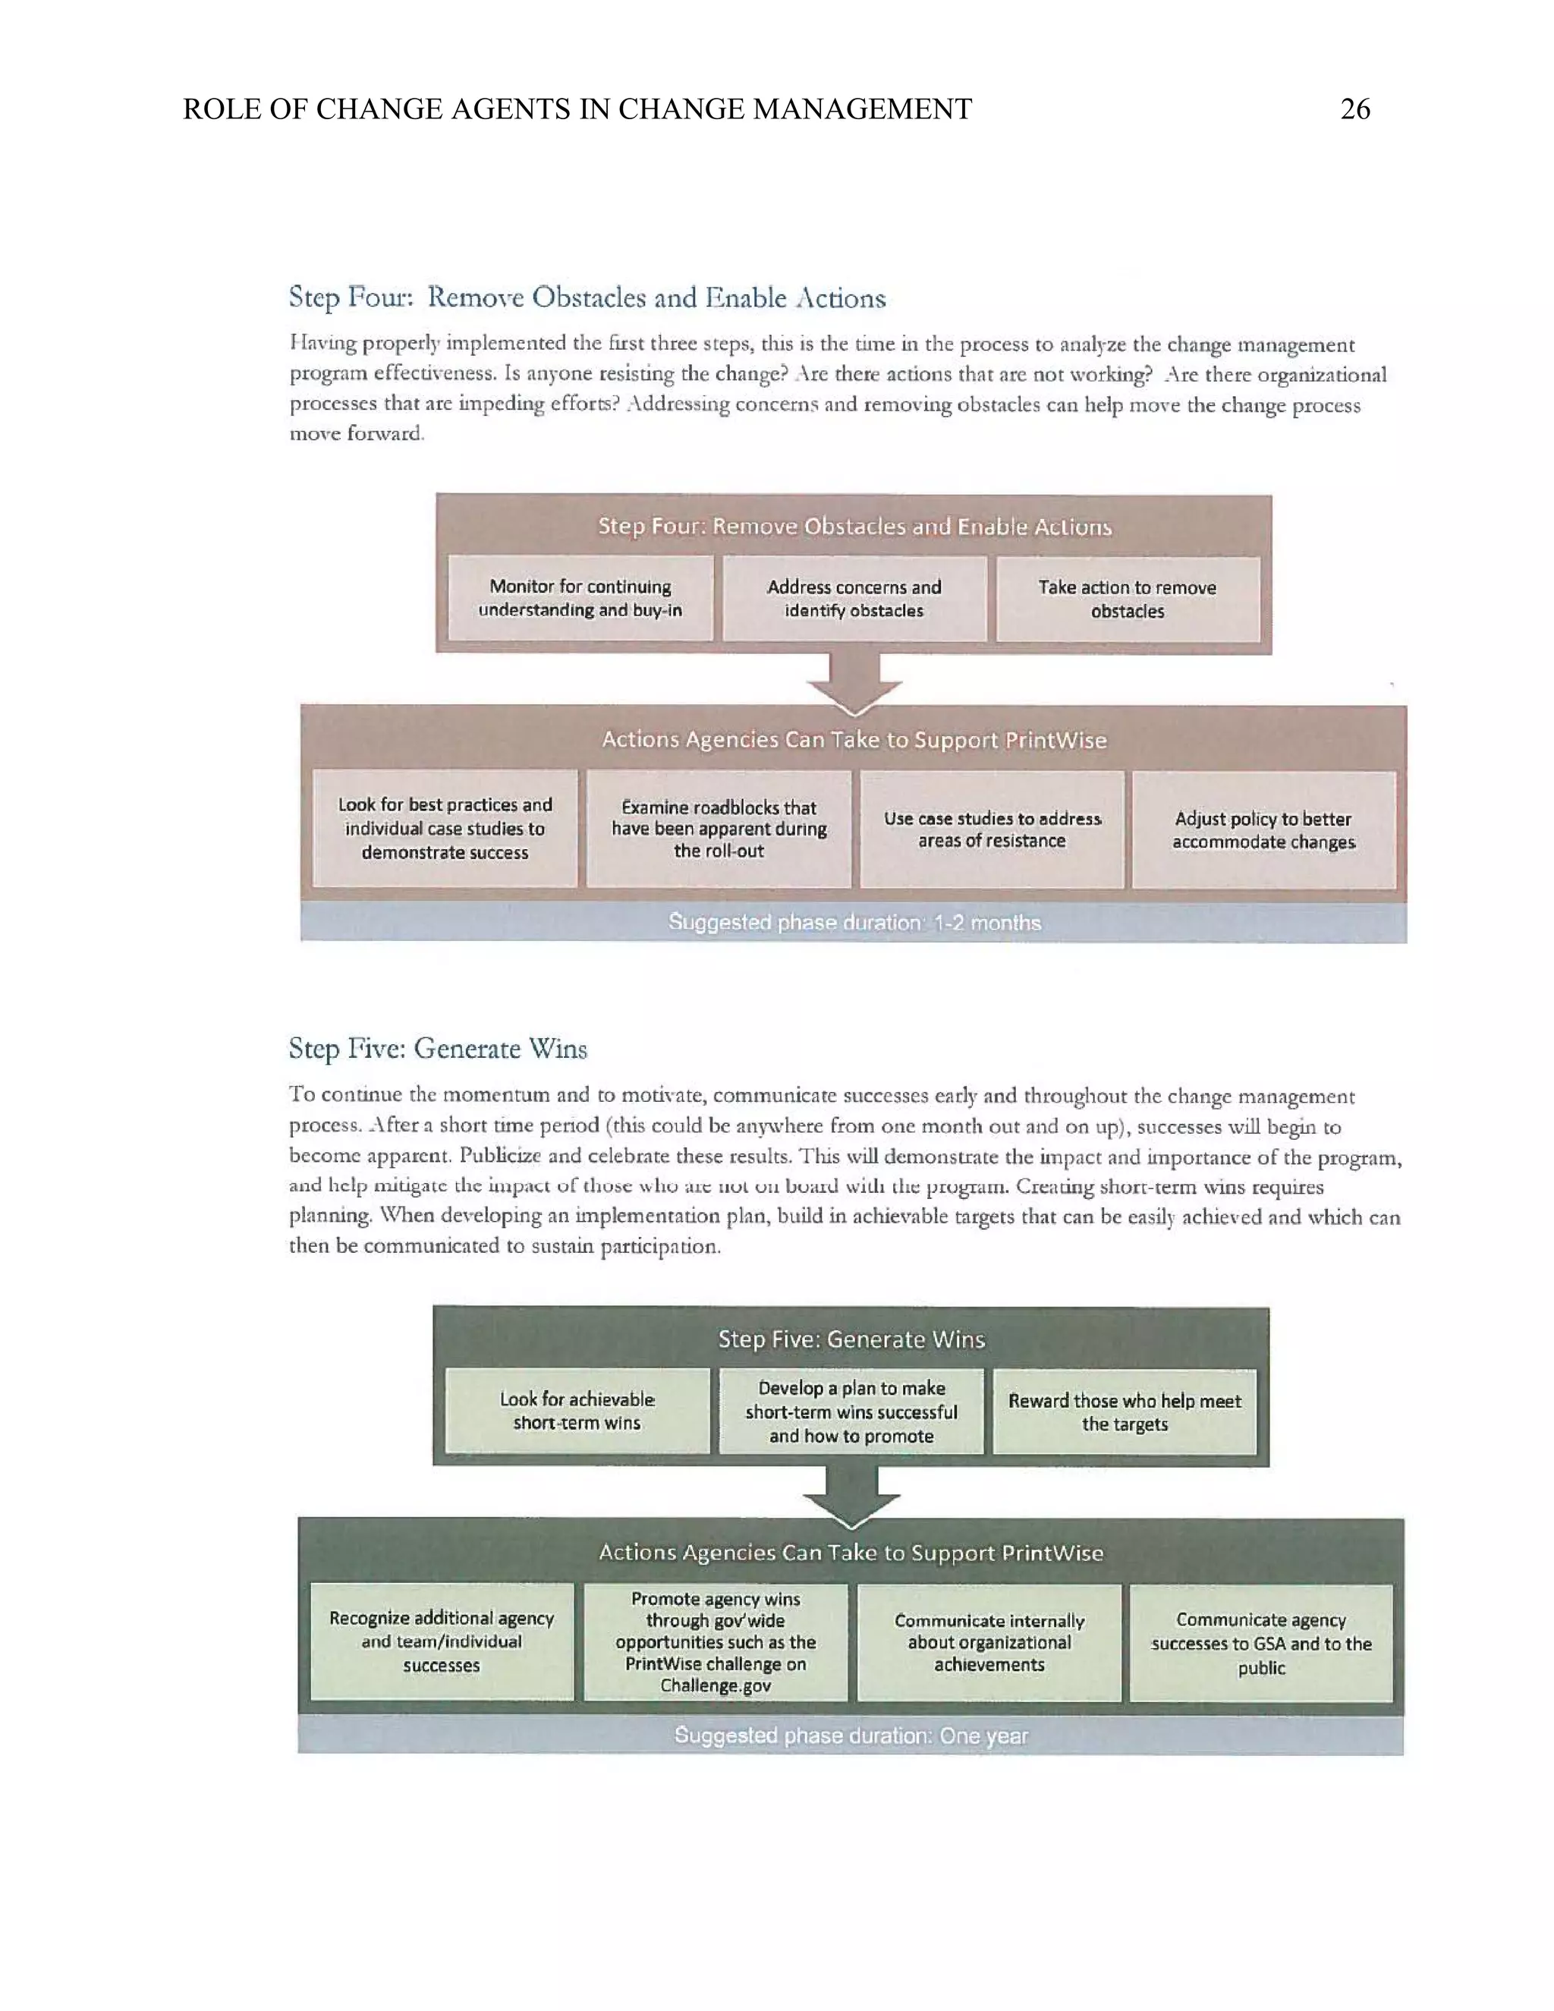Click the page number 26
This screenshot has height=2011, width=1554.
coord(1354,109)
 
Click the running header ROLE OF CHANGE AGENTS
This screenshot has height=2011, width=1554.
coord(577,109)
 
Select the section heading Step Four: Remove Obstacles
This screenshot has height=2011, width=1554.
coord(587,297)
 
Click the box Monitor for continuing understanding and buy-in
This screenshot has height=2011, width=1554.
coord(580,597)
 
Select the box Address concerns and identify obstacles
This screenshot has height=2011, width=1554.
coord(854,599)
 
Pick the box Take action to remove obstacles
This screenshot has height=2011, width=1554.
coord(1127,599)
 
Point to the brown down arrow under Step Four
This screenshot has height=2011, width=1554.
coord(854,682)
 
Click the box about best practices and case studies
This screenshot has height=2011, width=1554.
coord(445,829)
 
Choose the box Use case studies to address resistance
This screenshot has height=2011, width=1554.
coord(992,829)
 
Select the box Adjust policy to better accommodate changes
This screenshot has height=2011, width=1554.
coord(1263,829)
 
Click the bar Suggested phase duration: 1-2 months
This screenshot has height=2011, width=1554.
coord(854,923)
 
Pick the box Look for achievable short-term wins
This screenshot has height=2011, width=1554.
coord(577,1411)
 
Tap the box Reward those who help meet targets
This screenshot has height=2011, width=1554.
coord(1124,1411)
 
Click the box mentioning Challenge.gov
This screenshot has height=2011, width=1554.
coord(716,1641)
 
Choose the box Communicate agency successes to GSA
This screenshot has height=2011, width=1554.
coord(1260,1643)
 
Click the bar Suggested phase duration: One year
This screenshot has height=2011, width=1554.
coord(851,1736)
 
